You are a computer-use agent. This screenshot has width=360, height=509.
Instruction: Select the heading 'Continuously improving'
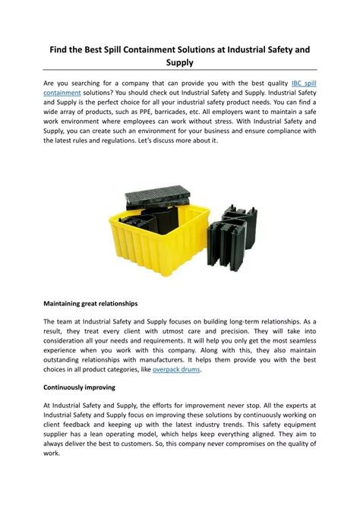point(79,387)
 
